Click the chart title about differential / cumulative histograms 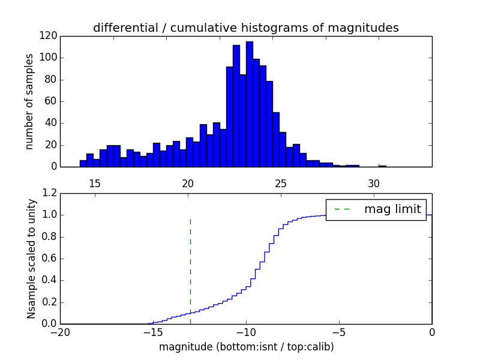click(245, 28)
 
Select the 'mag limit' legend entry click(376, 209)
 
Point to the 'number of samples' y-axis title click(29, 101)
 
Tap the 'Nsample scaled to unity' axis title click(31, 259)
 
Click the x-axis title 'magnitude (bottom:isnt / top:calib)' click(246, 347)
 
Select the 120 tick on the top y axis click(49, 36)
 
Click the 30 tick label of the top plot click(373, 183)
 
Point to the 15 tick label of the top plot click(94, 183)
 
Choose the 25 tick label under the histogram click(280, 183)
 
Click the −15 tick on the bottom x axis click(152, 332)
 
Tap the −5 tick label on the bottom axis click(339, 332)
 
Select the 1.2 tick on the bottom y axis click(50, 193)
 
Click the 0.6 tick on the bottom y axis click(50, 259)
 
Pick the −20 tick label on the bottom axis click(59, 332)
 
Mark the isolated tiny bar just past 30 click(382, 166)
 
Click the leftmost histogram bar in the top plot click(83, 163)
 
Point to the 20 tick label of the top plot click(187, 183)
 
